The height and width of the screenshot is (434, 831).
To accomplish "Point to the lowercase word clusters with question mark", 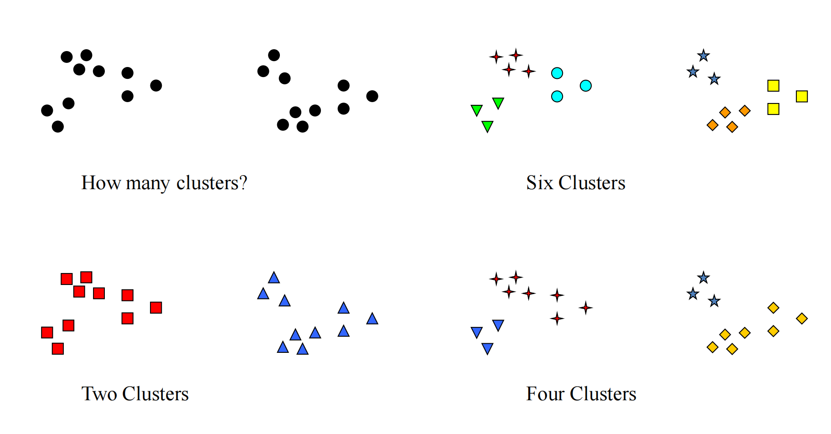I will pyautogui.click(x=212, y=183).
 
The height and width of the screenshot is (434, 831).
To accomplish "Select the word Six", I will pyautogui.click(x=539, y=183).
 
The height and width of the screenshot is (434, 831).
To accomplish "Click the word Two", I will pyautogui.click(x=99, y=394).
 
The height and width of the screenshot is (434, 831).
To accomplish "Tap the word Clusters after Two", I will pyautogui.click(x=155, y=394).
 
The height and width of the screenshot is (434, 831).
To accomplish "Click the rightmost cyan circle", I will pyautogui.click(x=586, y=86).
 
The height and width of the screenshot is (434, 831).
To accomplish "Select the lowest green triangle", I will pyautogui.click(x=487, y=126).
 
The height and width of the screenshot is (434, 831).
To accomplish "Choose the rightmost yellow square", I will pyautogui.click(x=802, y=96).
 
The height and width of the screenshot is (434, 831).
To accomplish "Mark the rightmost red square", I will pyautogui.click(x=156, y=308).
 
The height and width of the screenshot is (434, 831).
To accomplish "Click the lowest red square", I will pyautogui.click(x=58, y=349).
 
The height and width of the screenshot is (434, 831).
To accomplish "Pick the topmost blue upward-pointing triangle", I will pyautogui.click(x=274, y=278).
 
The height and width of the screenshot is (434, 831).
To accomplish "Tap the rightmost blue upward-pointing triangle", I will pyautogui.click(x=372, y=319).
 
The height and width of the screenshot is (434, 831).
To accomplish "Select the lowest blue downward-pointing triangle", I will pyautogui.click(x=487, y=349).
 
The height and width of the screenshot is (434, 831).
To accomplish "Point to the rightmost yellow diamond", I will pyautogui.click(x=802, y=319).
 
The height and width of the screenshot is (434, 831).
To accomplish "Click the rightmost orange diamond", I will pyautogui.click(x=745, y=111).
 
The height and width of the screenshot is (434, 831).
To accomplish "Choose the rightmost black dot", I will pyautogui.click(x=372, y=96).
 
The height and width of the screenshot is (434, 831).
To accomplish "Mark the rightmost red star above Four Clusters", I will pyautogui.click(x=586, y=308).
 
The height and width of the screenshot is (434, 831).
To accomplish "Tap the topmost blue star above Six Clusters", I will pyautogui.click(x=704, y=56).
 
